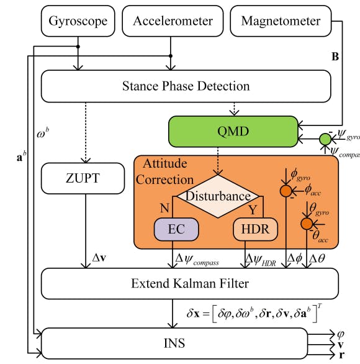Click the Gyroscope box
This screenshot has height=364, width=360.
point(78,21)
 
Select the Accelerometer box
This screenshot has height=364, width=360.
point(173,21)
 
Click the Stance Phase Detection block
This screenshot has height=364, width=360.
point(189,86)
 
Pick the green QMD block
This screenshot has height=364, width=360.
point(233,131)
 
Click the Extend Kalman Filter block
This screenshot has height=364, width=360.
point(189,284)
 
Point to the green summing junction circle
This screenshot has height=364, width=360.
point(325,139)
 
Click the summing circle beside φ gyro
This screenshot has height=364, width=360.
point(286,190)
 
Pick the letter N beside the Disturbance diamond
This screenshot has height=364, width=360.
point(166,208)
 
